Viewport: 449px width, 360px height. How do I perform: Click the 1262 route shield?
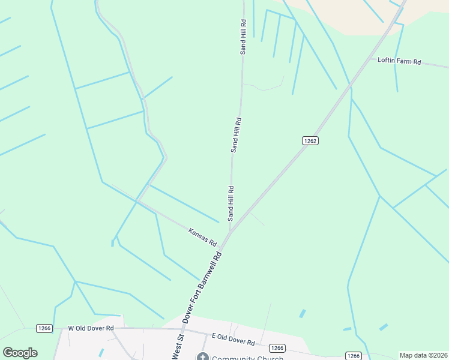click(309, 140)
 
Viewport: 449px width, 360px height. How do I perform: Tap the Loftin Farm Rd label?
click(400, 61)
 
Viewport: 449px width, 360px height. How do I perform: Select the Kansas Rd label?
click(202, 237)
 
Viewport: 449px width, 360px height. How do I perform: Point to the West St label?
click(176, 348)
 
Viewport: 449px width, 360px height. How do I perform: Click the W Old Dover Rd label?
click(91, 328)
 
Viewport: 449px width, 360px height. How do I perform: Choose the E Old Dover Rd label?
click(233, 340)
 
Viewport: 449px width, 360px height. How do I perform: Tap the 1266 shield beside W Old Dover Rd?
click(44, 328)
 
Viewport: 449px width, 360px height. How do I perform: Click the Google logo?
click(20, 353)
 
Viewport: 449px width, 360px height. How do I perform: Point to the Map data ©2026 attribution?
click(423, 355)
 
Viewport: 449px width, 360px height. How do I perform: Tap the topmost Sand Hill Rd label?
click(243, 37)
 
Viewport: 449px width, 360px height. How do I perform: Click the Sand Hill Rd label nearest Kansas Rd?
click(231, 203)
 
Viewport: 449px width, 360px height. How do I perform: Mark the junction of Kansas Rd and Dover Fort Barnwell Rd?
click(221, 247)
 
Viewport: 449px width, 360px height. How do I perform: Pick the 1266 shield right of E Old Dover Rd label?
click(277, 348)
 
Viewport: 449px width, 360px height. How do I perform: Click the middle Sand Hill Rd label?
click(236, 134)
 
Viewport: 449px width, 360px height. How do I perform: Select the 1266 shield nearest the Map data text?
click(353, 356)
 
